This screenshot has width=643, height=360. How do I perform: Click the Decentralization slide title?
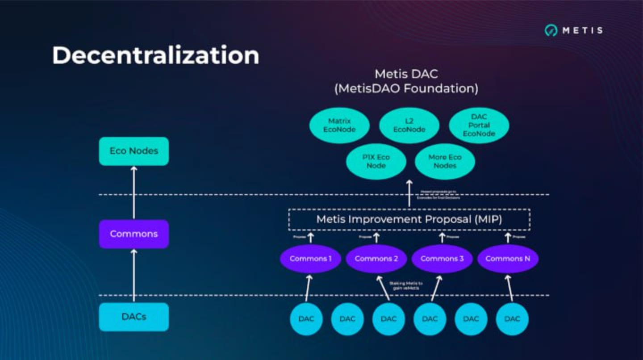[x=155, y=56]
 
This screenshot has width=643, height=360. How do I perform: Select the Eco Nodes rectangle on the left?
[x=134, y=151]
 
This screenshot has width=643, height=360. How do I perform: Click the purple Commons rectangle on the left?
[x=134, y=234]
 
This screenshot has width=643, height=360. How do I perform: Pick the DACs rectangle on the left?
[x=134, y=317]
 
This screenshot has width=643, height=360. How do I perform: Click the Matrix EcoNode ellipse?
[x=339, y=126]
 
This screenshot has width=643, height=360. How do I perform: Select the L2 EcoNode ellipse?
[x=409, y=126]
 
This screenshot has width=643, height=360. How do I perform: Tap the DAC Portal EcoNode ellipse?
[x=479, y=126]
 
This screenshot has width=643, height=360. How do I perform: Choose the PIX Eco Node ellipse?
[x=376, y=161]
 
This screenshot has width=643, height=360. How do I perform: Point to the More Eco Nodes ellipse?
[x=445, y=161]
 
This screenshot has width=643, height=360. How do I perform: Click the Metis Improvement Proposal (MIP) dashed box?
[x=409, y=219]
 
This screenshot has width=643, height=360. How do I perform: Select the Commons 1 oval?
[x=310, y=259]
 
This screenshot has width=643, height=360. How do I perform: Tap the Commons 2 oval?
[x=376, y=259]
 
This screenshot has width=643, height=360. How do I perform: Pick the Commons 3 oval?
[x=442, y=259]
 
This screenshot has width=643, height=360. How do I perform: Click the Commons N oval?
[x=508, y=259]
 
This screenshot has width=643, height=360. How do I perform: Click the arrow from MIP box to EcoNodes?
[x=409, y=194]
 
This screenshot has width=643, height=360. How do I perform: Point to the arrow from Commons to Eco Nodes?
[x=134, y=192]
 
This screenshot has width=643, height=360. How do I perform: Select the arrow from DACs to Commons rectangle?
[x=134, y=275]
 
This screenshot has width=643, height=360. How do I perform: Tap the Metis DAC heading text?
[x=406, y=74]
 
